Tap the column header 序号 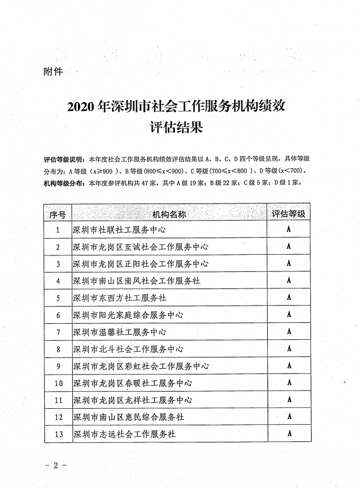click(58, 214)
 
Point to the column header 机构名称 click(169, 214)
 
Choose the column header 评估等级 click(289, 214)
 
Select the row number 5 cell click(58, 298)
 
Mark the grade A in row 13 click(289, 434)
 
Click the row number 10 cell click(58, 383)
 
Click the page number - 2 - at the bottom click(56, 465)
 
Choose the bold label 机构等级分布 click(63, 184)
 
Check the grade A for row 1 click(289, 230)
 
